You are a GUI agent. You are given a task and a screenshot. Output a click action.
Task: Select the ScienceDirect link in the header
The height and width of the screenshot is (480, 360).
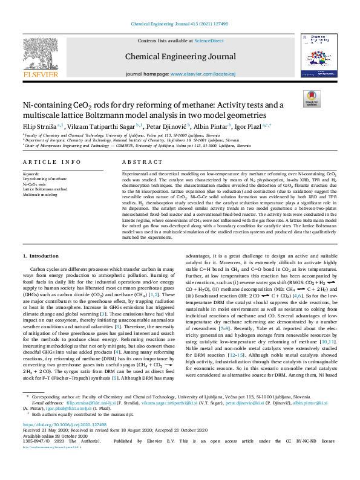click(209, 41)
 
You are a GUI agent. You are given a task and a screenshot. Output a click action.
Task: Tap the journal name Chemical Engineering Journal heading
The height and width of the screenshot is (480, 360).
click(180, 56)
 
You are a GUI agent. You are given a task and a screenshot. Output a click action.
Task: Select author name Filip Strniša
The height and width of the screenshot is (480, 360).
click(39, 126)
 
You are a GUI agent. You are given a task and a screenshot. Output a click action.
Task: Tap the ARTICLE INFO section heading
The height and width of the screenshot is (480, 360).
click(51, 163)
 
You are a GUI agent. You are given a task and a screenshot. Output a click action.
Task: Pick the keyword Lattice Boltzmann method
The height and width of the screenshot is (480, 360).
click(44, 190)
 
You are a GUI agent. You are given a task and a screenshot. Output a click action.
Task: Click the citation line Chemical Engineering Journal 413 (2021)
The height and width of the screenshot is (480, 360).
click(180, 24)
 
